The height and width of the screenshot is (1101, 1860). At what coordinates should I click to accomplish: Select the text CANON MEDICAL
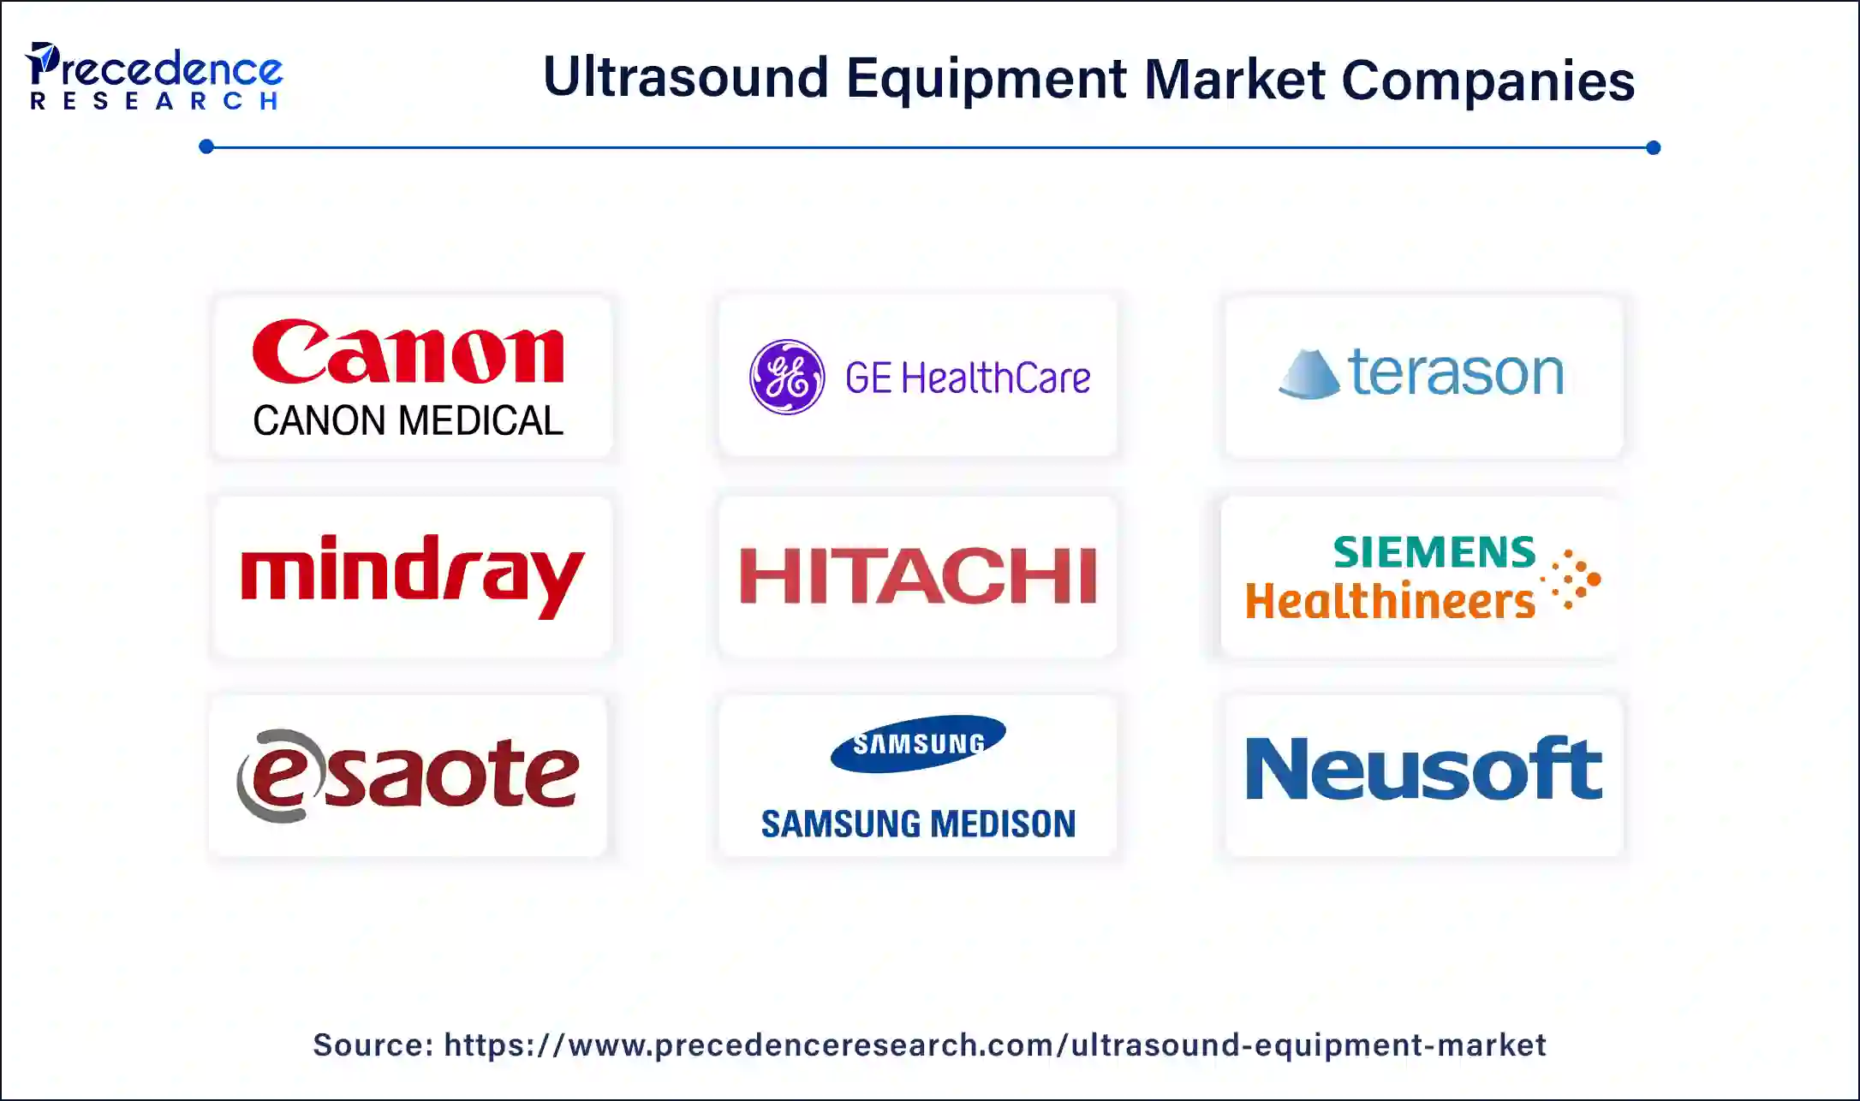pos(408,421)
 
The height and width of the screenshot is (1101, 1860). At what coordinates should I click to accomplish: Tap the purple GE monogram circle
pos(787,377)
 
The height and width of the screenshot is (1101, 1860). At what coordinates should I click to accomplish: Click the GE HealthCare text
pos(968,378)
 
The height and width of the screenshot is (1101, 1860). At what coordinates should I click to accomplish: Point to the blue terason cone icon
pos(1309,374)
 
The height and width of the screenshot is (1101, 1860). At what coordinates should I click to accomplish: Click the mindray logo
pos(413,575)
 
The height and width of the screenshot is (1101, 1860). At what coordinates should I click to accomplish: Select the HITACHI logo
pos(918,575)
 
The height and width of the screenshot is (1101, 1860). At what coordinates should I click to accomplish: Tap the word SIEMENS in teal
pos(1434,552)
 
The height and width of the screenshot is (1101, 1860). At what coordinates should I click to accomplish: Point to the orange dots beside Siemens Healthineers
pos(1571,580)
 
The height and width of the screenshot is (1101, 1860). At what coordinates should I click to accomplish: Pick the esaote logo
pos(408,776)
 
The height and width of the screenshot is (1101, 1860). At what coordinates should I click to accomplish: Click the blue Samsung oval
pos(918,743)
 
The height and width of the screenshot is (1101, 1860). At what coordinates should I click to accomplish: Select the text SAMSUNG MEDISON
pos(918,824)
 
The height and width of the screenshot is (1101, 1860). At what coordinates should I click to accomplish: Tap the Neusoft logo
pos(1423,768)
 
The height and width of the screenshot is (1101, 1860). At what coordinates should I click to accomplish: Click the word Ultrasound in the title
pos(686,78)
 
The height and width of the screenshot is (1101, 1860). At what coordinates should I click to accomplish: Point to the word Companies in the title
pos(1488,80)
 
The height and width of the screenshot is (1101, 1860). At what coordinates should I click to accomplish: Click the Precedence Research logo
pos(154,76)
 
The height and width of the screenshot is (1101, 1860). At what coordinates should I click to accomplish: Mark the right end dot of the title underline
pos(1653,147)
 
